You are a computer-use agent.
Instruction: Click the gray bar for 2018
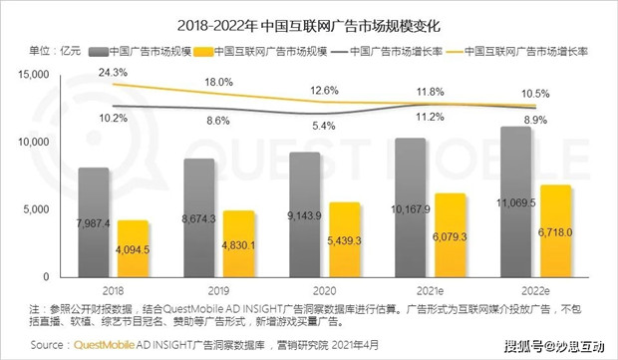[94, 222]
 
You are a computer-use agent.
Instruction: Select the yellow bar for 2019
[238, 243]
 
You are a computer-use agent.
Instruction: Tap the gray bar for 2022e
[516, 201]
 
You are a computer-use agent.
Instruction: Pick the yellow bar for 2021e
[450, 235]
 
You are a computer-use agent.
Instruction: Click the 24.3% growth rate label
[113, 73]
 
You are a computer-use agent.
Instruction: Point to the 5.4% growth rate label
[324, 126]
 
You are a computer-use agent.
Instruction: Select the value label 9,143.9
[304, 215]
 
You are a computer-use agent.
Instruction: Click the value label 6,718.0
[555, 232]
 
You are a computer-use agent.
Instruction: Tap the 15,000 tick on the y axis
[34, 74]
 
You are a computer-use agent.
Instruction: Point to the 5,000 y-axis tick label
[36, 209]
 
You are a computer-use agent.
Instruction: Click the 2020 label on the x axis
[324, 291]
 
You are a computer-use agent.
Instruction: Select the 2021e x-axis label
[430, 291]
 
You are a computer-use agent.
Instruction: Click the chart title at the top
[309, 26]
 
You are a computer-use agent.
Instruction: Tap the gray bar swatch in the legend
[98, 52]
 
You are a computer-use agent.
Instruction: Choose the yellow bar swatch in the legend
[204, 52]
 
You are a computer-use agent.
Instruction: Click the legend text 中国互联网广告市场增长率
[526, 52]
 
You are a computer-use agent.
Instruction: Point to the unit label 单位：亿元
[55, 51]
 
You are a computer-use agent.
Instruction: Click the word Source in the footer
[47, 345]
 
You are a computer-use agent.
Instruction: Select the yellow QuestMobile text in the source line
[104, 345]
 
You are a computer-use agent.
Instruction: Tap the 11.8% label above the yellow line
[431, 92]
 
